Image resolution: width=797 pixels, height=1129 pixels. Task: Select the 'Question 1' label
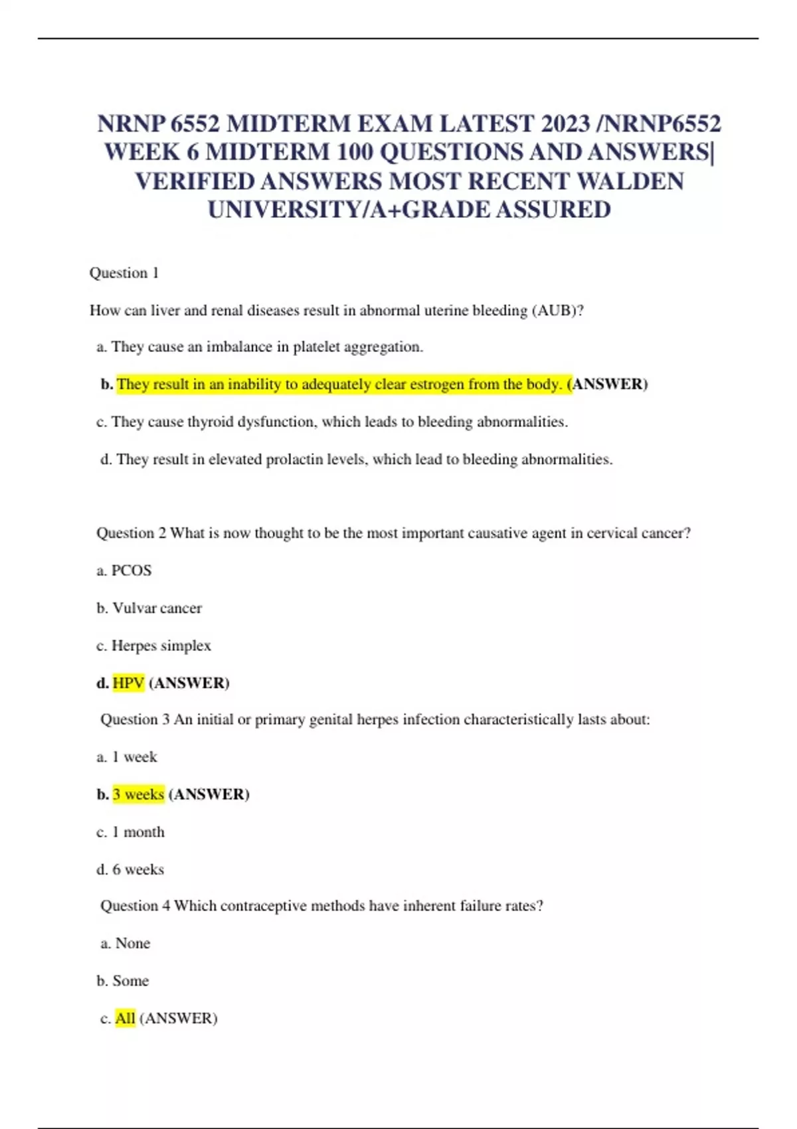click(x=124, y=273)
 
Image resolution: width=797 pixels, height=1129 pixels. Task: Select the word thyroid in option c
click(x=210, y=422)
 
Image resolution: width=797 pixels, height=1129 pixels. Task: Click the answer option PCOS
click(x=132, y=570)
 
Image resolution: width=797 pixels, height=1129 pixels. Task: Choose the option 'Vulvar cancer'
click(x=157, y=608)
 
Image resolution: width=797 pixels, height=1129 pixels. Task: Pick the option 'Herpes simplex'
click(x=161, y=646)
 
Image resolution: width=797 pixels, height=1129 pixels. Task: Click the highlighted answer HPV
click(x=128, y=683)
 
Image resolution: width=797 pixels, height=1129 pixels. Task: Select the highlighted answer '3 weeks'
click(x=138, y=794)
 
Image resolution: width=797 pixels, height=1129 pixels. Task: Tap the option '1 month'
click(x=138, y=832)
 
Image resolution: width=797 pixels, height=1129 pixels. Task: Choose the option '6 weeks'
click(x=138, y=869)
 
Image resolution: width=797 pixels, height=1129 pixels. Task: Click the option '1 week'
click(x=134, y=757)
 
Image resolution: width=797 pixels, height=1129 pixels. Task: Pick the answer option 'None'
click(x=132, y=943)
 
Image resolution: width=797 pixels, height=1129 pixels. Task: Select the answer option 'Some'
click(x=130, y=981)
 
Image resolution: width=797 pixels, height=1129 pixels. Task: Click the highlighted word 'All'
click(x=125, y=1018)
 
